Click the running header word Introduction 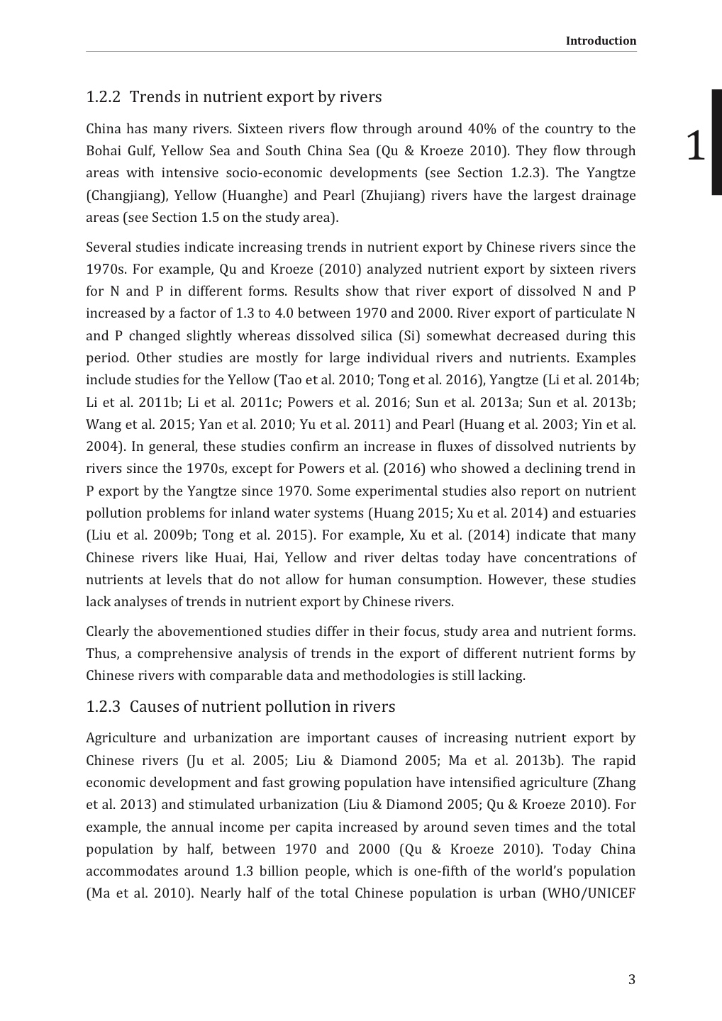pyautogui.click(x=601, y=40)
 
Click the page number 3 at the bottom pyautogui.click(x=631, y=980)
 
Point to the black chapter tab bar pyautogui.click(x=716, y=142)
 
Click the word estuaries pyautogui.click(x=608, y=513)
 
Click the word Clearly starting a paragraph pyautogui.click(x=108, y=632)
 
